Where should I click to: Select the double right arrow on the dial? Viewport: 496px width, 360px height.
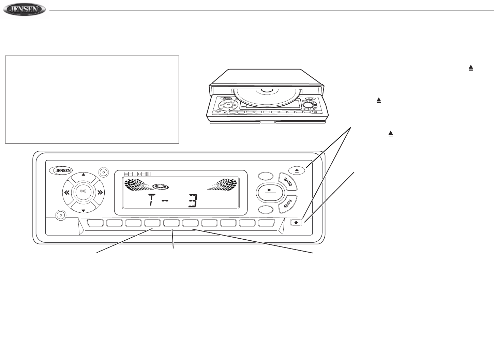(100, 193)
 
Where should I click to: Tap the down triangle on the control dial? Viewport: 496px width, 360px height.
(83, 210)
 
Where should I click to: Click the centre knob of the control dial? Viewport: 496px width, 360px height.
(83, 193)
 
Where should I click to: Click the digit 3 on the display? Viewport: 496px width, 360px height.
(193, 201)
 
